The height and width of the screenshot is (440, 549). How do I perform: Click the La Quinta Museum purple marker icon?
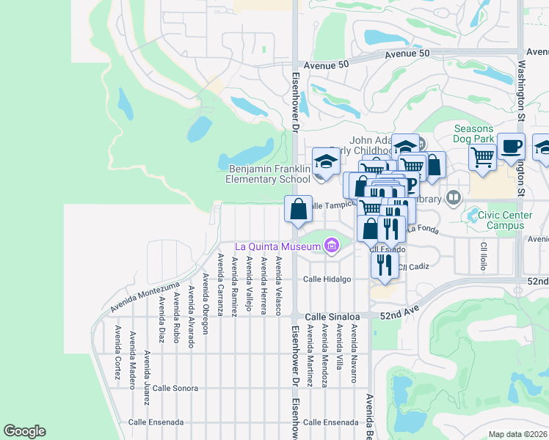[332, 246]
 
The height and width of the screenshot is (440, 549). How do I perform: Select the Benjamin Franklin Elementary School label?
[265, 174]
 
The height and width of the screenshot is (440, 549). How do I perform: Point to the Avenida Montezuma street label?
[145, 296]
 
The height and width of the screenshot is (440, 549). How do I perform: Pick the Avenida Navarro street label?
[353, 354]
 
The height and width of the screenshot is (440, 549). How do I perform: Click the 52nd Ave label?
[399, 313]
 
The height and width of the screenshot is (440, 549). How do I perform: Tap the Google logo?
[24, 431]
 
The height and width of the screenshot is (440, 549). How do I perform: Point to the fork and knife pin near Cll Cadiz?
[385, 264]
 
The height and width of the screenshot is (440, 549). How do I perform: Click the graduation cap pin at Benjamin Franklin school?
[326, 161]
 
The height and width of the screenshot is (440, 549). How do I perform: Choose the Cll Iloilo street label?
[484, 255]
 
